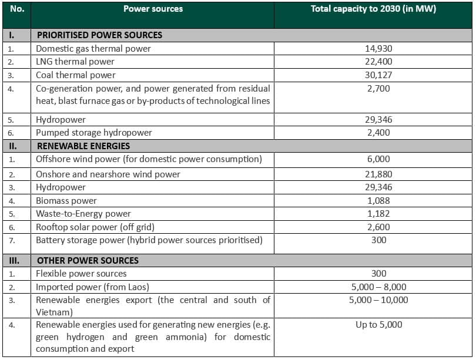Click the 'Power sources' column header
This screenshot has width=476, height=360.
(153, 9)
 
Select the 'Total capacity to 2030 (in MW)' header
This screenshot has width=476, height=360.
(373, 9)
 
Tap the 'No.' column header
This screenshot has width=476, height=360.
(17, 9)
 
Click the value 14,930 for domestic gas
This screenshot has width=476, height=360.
(378, 49)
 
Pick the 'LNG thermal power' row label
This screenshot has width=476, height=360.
(75, 62)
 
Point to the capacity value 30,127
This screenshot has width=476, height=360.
(378, 75)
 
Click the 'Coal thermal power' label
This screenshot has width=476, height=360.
(76, 75)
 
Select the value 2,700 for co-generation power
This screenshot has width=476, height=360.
(378, 89)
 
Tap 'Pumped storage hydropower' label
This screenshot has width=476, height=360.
(94, 133)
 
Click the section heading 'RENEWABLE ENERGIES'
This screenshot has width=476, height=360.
(83, 146)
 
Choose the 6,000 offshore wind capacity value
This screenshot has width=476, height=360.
(378, 159)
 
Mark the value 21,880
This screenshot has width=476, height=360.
(378, 174)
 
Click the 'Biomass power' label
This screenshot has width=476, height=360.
(66, 201)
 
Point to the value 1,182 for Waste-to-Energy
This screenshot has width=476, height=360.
(378, 214)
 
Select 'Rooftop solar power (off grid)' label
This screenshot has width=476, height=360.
(95, 227)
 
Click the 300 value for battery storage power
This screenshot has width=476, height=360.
(379, 240)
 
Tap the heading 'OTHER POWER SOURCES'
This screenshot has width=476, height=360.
(88, 261)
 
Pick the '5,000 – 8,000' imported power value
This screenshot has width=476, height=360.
(379, 287)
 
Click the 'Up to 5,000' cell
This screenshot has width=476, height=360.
(379, 325)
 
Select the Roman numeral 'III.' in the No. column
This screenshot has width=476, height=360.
(14, 261)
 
